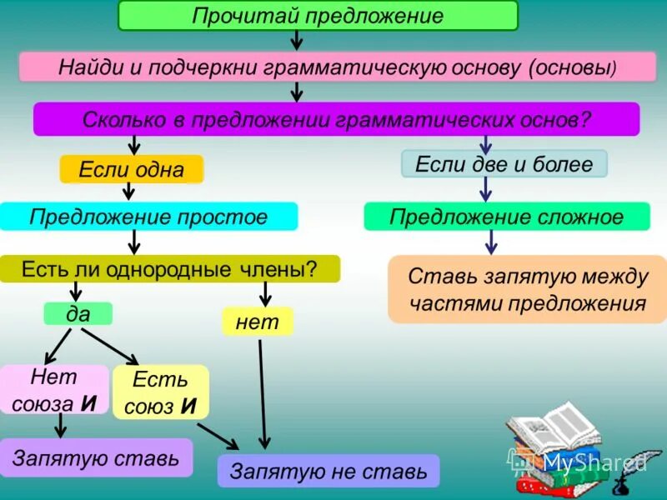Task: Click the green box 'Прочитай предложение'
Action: (318, 16)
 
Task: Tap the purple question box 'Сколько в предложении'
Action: (336, 119)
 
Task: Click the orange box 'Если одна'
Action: (131, 169)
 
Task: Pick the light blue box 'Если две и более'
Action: (504, 163)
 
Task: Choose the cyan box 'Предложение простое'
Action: (148, 217)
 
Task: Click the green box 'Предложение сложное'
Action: (506, 217)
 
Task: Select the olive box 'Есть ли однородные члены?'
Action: (169, 268)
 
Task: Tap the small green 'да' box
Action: (78, 313)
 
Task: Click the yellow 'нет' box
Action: (257, 322)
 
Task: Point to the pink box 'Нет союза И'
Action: (54, 390)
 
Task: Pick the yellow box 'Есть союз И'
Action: (160, 392)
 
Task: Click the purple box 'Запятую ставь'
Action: (96, 457)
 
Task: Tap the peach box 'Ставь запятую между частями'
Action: (527, 289)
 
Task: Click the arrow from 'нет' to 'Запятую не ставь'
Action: (263, 392)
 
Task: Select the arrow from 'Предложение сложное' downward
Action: (491, 242)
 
